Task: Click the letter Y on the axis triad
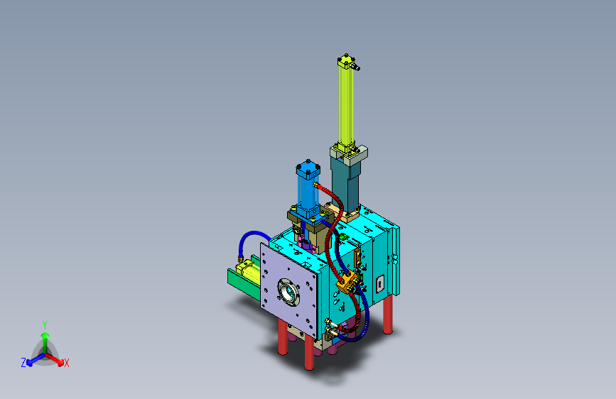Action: [x=45, y=325]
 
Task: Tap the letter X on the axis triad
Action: [x=66, y=364]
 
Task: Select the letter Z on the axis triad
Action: [x=23, y=363]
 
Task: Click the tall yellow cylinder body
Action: [x=346, y=105]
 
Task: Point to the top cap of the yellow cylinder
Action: [x=346, y=62]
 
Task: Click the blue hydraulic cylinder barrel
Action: [x=308, y=192]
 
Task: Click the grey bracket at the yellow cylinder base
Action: [x=350, y=153]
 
